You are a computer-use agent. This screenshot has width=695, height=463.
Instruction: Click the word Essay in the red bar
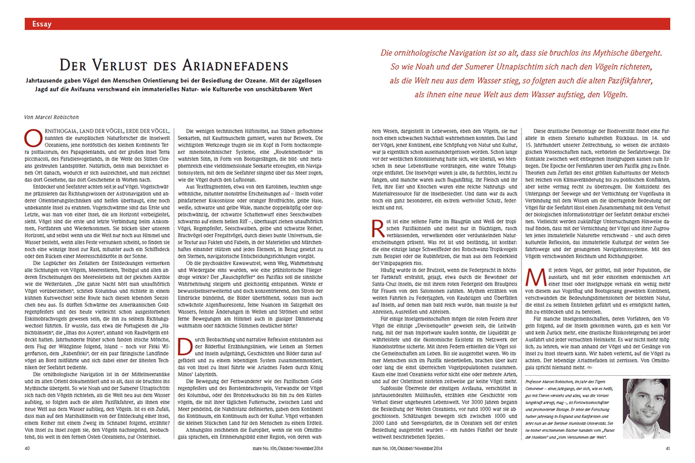(42, 24)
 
